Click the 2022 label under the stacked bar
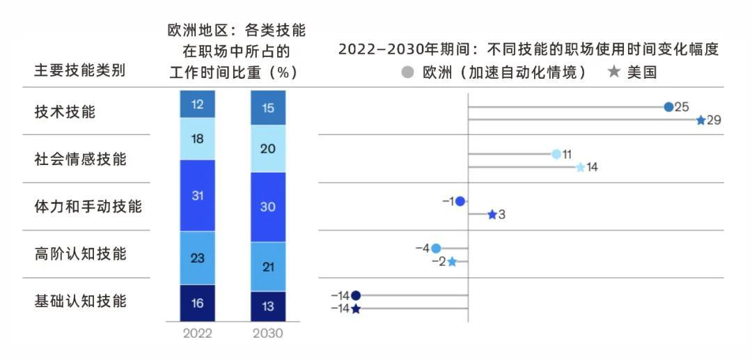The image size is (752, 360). [x=198, y=334]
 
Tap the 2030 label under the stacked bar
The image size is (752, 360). [x=268, y=334]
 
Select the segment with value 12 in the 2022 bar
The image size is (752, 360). [x=198, y=104]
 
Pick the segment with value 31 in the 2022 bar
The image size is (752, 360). [x=198, y=196]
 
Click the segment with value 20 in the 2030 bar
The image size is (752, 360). [x=268, y=148]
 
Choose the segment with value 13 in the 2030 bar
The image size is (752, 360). [x=268, y=306]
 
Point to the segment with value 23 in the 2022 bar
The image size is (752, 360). [x=198, y=258]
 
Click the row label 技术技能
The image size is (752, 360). [x=65, y=111]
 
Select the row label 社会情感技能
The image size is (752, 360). [x=80, y=159]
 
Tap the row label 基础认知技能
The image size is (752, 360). [x=80, y=301]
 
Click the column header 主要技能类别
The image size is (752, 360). [x=80, y=70]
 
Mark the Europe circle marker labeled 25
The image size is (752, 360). [x=668, y=107]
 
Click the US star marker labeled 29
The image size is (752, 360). [x=700, y=120]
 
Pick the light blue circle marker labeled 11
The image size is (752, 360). [x=556, y=155]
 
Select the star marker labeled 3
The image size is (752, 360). [x=492, y=214]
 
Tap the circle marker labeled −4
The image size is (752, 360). [x=436, y=249]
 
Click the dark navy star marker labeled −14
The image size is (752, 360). [x=356, y=308]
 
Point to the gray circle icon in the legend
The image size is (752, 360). [x=408, y=72]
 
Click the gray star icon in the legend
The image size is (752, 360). [x=613, y=72]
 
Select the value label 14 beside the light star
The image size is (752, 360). [x=593, y=167]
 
